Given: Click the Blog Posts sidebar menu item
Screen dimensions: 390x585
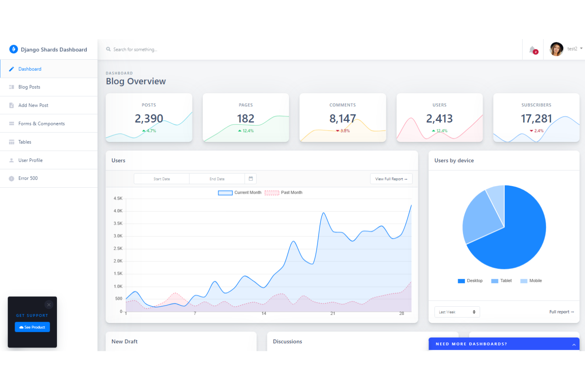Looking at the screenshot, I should (29, 87).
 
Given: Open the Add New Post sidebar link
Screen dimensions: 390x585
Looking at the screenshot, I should (33, 105).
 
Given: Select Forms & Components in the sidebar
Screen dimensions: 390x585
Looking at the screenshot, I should (41, 124).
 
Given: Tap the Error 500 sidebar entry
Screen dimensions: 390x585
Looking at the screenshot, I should (28, 178).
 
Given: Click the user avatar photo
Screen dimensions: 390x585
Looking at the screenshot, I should (557, 49).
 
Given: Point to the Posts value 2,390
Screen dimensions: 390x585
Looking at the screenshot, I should (149, 119).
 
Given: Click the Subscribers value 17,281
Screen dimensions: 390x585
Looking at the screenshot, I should (536, 119).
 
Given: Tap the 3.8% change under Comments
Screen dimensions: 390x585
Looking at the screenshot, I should (343, 131).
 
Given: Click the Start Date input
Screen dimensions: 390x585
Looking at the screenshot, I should (162, 179).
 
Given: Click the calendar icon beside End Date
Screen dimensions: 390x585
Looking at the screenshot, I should (251, 179).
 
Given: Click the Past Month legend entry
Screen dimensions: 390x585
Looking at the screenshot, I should (284, 193).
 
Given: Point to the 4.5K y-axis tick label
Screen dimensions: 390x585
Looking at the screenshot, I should (118, 198).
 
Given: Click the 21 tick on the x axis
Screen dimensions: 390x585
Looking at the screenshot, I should (333, 313).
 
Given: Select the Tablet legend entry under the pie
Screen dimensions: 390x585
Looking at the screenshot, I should (502, 281).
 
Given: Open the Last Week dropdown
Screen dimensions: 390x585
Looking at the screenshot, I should (457, 312).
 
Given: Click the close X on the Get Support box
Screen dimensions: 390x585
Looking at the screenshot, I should (49, 305).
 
